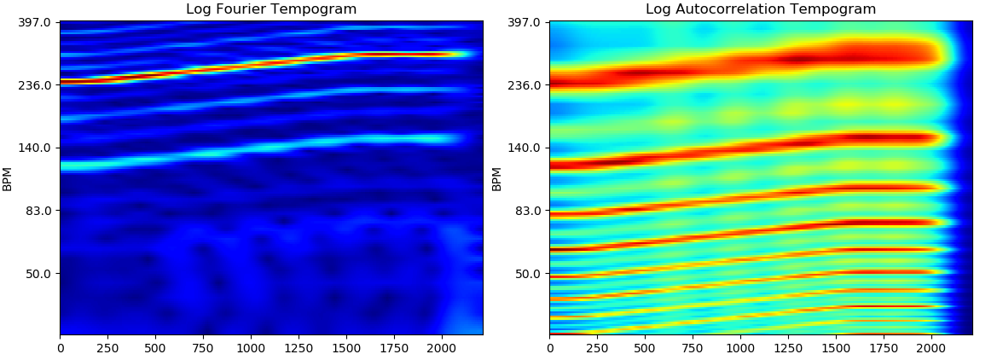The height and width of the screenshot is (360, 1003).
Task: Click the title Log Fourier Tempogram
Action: pyautogui.click(x=271, y=9)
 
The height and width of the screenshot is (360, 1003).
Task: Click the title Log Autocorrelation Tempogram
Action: pyautogui.click(x=761, y=9)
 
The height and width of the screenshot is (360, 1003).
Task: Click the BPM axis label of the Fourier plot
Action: pyautogui.click(x=8, y=178)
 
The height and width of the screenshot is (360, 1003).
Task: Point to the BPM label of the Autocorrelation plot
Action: pyautogui.click(x=497, y=178)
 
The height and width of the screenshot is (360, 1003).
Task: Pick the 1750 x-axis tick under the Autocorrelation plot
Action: pyautogui.click(x=884, y=348)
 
